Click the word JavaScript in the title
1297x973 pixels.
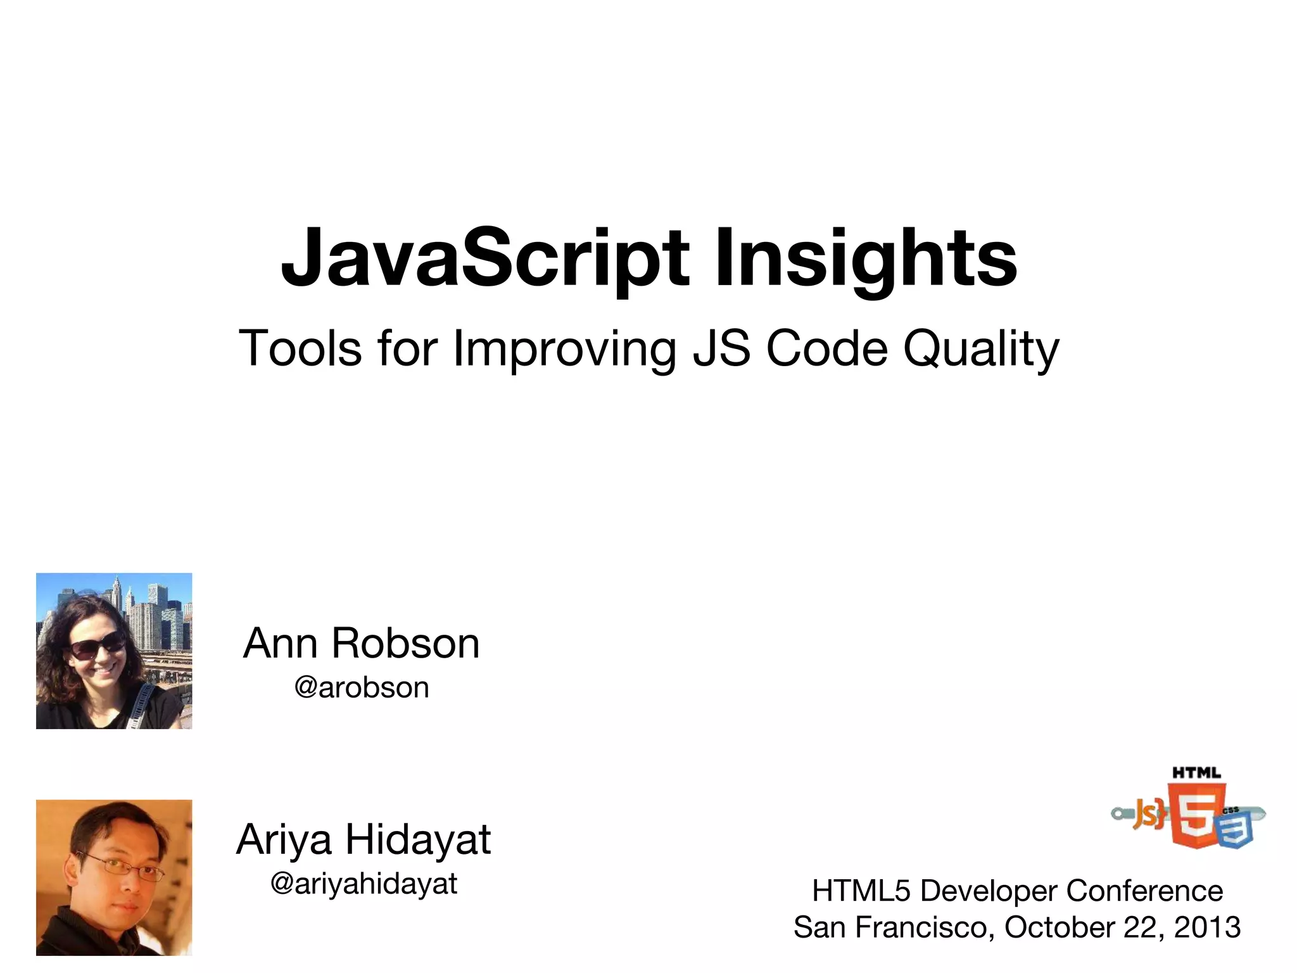pos(484,260)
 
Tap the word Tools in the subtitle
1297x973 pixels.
pos(300,348)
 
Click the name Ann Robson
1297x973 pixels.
pos(362,644)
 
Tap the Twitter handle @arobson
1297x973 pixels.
pos(362,687)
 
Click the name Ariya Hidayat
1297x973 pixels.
pos(364,839)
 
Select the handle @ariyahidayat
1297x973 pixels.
pos(364,883)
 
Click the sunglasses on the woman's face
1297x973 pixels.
pos(96,646)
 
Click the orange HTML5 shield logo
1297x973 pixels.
pos(1195,815)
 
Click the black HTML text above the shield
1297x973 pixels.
pos(1196,773)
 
